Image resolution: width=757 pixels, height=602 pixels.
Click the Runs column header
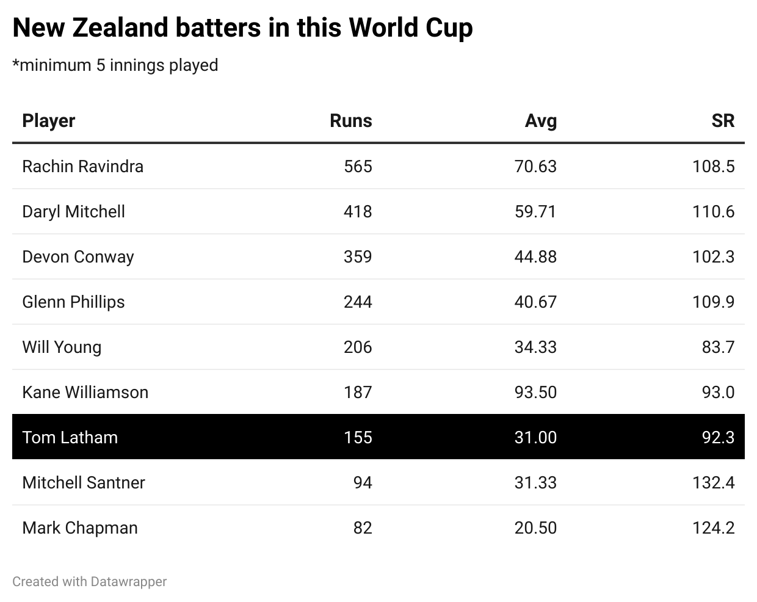350,121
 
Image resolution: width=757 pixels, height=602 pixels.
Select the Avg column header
540,121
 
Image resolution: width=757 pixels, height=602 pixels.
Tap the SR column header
722,121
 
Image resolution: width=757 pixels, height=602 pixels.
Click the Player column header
48,121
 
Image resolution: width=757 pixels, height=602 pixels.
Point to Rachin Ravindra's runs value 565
358,166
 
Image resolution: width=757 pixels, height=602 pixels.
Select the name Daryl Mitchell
73,211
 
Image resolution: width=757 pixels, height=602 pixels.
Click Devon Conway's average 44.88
535,256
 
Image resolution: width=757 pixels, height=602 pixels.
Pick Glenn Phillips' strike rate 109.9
713,302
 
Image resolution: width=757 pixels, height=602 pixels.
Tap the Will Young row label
62,347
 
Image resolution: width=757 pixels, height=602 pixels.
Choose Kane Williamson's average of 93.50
535,392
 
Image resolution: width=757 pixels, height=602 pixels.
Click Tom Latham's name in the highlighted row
70,437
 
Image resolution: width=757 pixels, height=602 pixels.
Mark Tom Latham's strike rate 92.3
718,437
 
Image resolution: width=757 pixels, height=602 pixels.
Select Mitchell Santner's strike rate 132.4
713,482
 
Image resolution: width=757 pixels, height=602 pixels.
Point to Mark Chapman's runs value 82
363,528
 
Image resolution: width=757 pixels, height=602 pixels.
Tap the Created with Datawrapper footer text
89,581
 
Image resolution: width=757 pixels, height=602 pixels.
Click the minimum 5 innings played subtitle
115,65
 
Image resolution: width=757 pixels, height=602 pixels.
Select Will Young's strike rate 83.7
718,347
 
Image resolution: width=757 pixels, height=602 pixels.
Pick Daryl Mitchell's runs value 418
358,211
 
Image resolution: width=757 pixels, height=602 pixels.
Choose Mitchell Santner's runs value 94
363,482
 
